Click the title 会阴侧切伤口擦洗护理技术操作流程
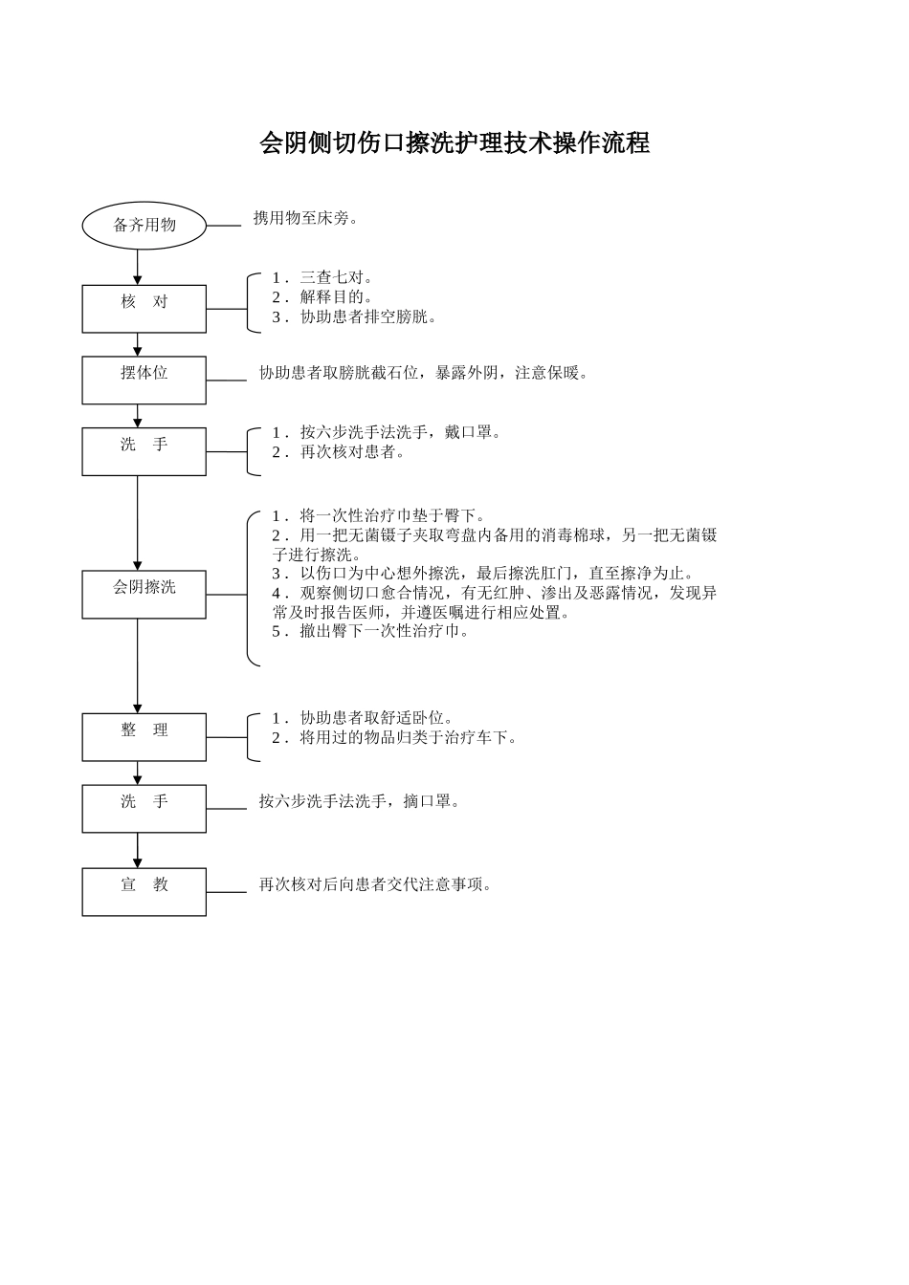tap(454, 143)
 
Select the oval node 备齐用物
tap(144, 226)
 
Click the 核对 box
tap(144, 309)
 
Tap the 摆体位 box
tap(144, 380)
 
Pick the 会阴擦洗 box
tap(144, 594)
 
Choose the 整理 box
tap(144, 736)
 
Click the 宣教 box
tap(144, 891)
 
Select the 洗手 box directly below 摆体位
tap(144, 451)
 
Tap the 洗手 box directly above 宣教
tap(144, 808)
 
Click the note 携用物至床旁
tap(306, 218)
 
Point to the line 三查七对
tap(322, 277)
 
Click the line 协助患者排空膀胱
tap(355, 317)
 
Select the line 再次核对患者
tap(340, 452)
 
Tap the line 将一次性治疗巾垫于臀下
tap(379, 516)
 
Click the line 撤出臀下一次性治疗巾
tap(371, 631)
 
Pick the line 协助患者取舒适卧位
tap(364, 718)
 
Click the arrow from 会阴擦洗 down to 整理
tap(138, 665)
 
